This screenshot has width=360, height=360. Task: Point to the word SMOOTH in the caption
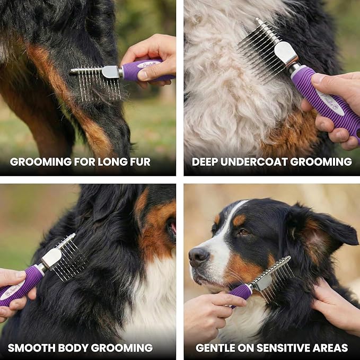[29, 348]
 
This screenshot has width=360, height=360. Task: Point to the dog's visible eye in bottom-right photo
[243, 232]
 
